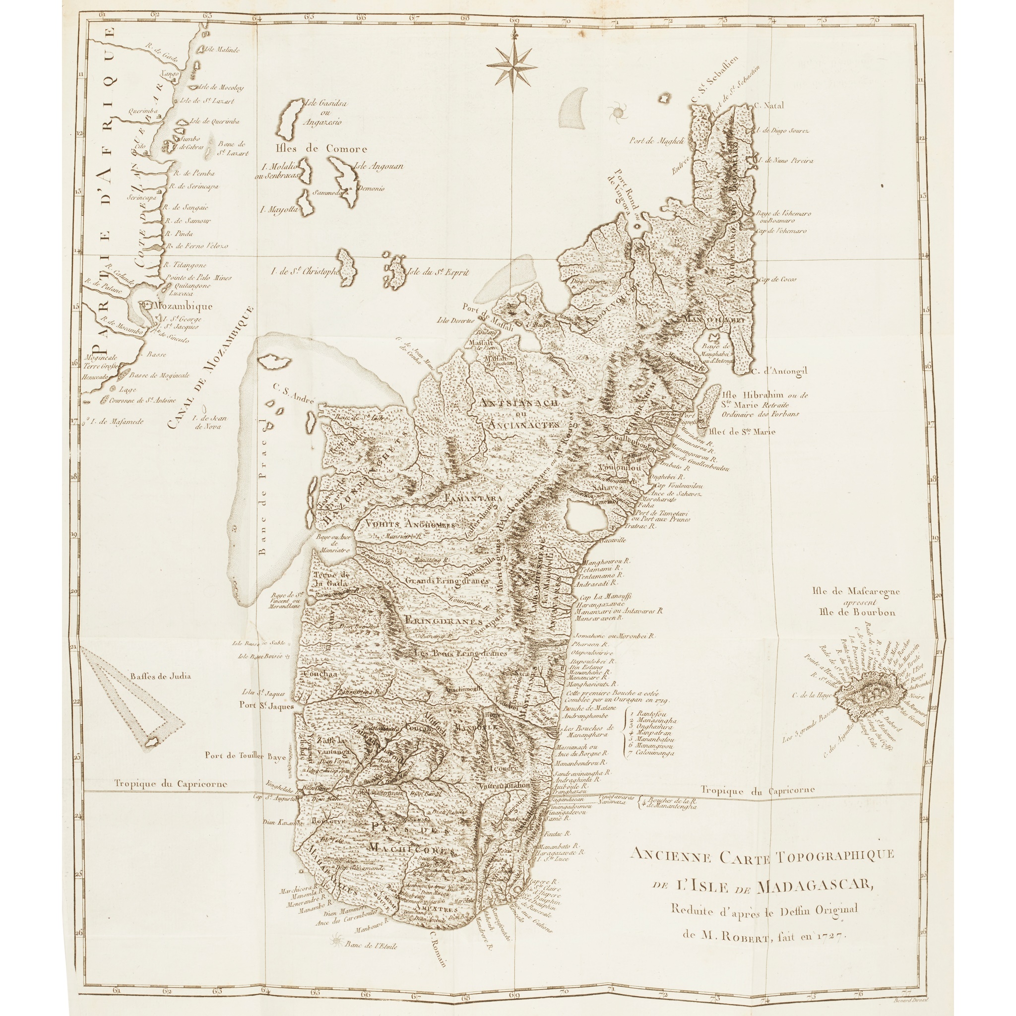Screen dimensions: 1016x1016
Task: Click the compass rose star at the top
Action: [511, 65]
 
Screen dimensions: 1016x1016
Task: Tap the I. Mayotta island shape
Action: [304, 202]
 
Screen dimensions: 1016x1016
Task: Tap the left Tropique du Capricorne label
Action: [172, 783]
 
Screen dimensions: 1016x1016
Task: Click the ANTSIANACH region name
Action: [517, 403]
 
